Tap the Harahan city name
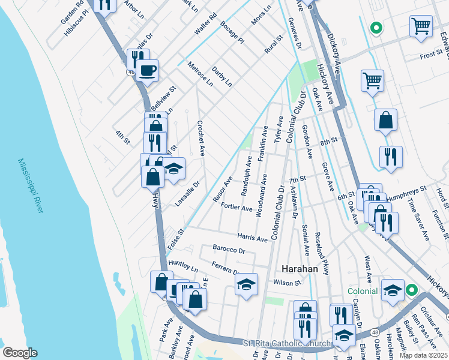click(x=300, y=269)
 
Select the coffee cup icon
click(x=147, y=71)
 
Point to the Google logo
click(x=20, y=353)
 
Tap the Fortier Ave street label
click(x=237, y=208)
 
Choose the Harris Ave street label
click(x=252, y=238)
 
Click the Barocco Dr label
click(x=229, y=249)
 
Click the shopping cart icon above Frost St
click(x=421, y=26)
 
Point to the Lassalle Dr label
click(x=187, y=194)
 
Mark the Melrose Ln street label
click(x=200, y=74)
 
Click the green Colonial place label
click(x=363, y=291)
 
